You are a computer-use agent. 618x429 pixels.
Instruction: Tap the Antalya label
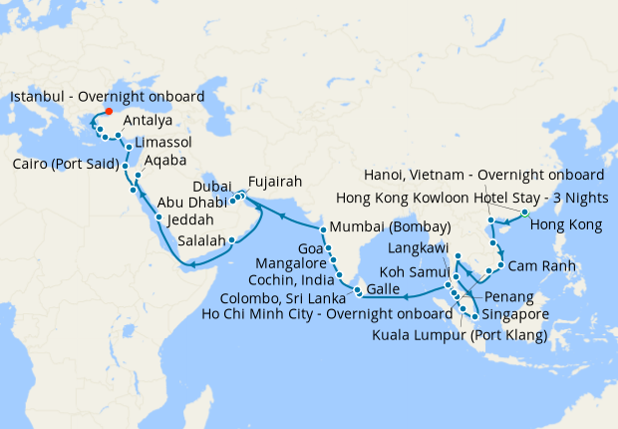click(148, 121)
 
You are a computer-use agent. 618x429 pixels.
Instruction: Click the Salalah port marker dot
click(232, 239)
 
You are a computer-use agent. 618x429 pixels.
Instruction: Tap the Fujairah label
click(275, 183)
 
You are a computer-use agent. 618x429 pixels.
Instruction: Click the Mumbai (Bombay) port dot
click(323, 228)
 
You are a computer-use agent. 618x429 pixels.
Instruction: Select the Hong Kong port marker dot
click(524, 213)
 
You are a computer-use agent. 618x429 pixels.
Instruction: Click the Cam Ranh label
click(538, 266)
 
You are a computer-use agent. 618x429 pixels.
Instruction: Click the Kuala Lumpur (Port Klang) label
click(460, 336)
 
